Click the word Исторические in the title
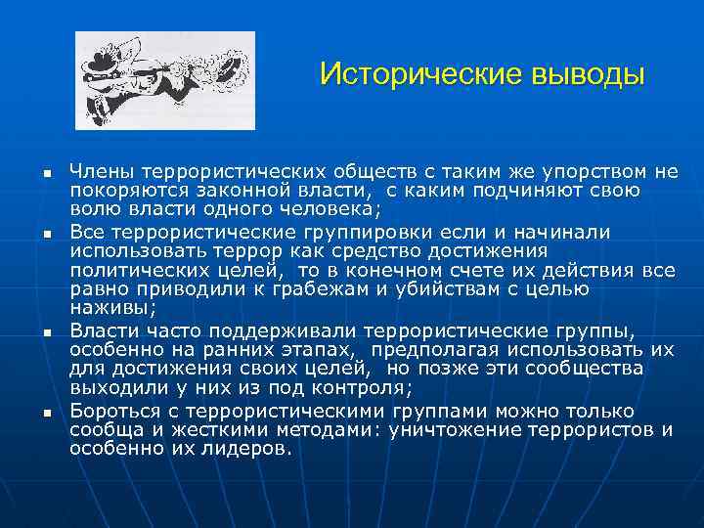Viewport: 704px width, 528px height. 403,75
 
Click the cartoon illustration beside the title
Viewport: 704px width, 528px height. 164,80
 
